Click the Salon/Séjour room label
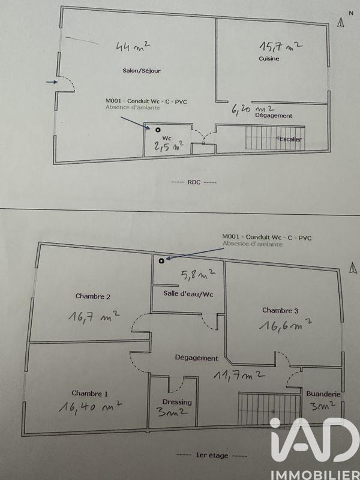[x=141, y=70]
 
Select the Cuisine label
[x=269, y=59]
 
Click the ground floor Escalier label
[x=289, y=139]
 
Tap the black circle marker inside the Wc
[x=158, y=129]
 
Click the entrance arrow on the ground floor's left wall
[x=53, y=82]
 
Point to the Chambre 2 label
[x=93, y=296]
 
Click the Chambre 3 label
[x=280, y=310]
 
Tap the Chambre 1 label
[x=90, y=394]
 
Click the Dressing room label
[x=177, y=402]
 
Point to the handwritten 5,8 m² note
[x=198, y=275]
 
